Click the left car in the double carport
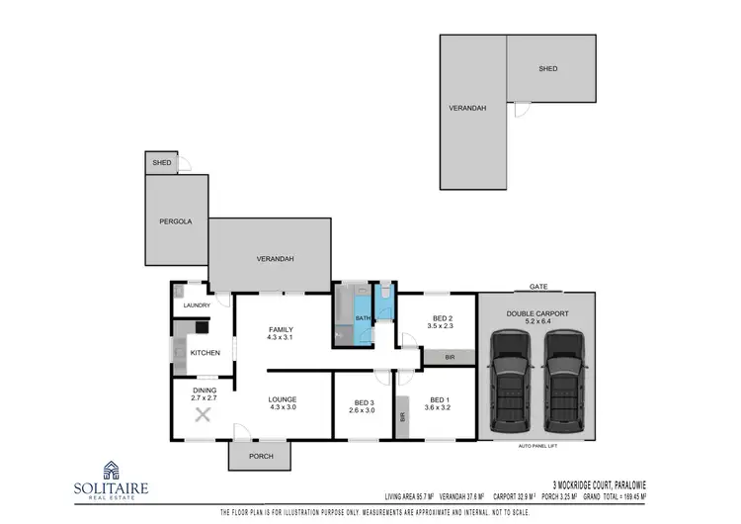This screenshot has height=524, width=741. pyautogui.click(x=511, y=380)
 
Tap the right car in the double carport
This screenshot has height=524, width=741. pyautogui.click(x=562, y=380)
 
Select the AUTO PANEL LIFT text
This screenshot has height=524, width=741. pyautogui.click(x=538, y=446)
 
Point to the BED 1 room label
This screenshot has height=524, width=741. pyautogui.click(x=439, y=399)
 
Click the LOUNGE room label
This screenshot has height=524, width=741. pyautogui.click(x=283, y=399)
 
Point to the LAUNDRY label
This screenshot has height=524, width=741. pyautogui.click(x=197, y=305)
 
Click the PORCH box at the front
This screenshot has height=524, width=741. pyautogui.click(x=260, y=455)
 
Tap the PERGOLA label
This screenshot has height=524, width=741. pyautogui.click(x=175, y=221)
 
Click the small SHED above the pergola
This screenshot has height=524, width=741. pyautogui.click(x=161, y=163)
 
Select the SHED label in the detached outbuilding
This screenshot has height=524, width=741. pyautogui.click(x=548, y=69)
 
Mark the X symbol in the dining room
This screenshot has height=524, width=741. pyautogui.click(x=204, y=414)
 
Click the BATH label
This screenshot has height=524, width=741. pyautogui.click(x=363, y=317)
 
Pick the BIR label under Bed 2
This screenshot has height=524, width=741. pyautogui.click(x=450, y=356)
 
